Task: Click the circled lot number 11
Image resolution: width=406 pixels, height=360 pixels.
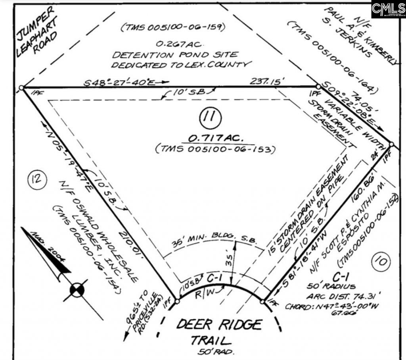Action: click(211, 117)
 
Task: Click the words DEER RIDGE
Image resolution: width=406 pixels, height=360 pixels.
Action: click(219, 324)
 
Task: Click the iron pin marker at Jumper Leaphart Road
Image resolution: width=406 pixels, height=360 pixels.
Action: click(22, 87)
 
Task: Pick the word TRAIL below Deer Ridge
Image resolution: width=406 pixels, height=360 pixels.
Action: click(211, 340)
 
